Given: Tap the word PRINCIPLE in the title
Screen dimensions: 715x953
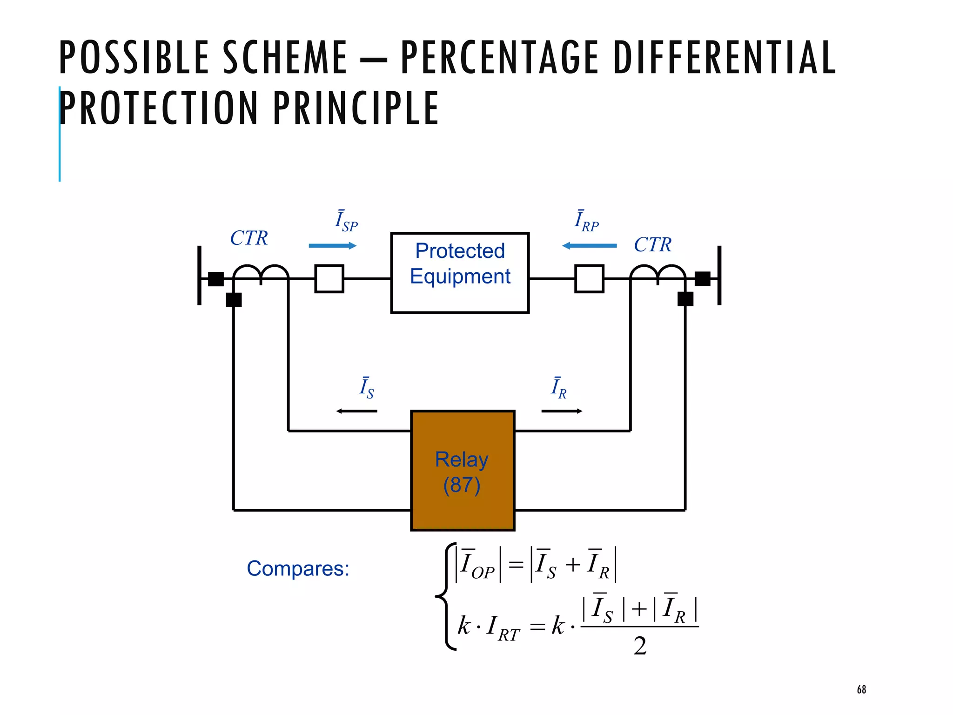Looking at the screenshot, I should click(356, 108).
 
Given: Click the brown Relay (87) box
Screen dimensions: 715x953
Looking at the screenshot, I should click(463, 471).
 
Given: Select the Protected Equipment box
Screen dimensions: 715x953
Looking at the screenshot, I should click(460, 273).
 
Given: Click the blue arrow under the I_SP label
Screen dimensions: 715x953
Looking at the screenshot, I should click(332, 246).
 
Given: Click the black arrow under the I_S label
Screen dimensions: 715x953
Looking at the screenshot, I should click(356, 411).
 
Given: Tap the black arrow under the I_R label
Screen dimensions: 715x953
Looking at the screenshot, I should click(562, 411).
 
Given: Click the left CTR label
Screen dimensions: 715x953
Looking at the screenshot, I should click(249, 238).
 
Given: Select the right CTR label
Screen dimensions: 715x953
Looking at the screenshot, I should click(652, 245).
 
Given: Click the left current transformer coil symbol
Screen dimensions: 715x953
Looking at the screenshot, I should click(261, 274).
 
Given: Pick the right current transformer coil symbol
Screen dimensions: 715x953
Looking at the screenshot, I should click(658, 274).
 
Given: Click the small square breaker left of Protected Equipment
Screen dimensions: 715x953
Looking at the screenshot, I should click(329, 278).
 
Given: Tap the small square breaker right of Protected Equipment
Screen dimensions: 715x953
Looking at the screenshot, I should click(589, 278).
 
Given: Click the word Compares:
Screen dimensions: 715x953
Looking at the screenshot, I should click(298, 568).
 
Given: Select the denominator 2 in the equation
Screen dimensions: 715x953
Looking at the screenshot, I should click(640, 646).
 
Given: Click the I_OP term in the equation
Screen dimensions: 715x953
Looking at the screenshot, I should click(477, 565).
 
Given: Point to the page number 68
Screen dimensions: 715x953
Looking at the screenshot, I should click(861, 689).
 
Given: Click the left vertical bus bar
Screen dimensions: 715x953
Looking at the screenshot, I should click(200, 276).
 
